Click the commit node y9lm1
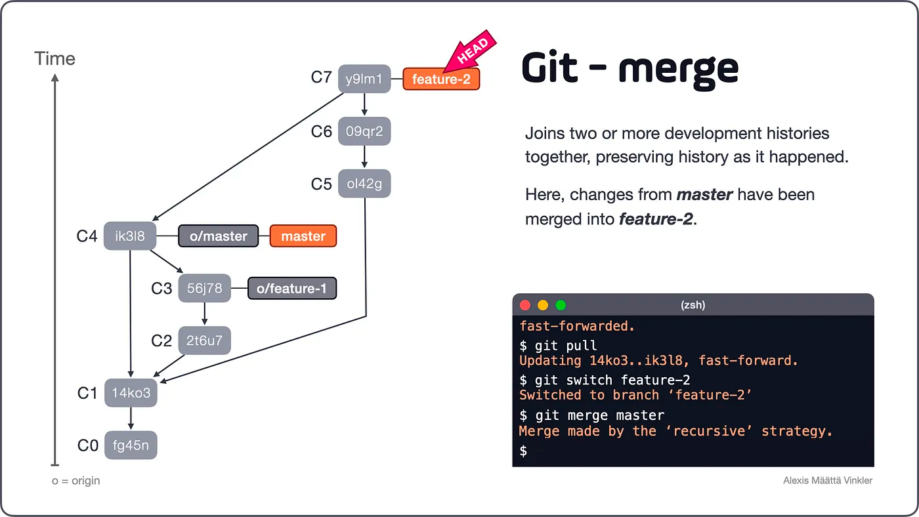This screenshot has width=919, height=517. pyautogui.click(x=364, y=79)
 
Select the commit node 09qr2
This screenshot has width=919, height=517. pyautogui.click(x=364, y=131)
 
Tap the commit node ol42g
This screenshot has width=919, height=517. pyautogui.click(x=364, y=184)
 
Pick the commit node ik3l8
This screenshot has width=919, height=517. pyautogui.click(x=130, y=236)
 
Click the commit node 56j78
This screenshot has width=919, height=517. pyautogui.click(x=205, y=288)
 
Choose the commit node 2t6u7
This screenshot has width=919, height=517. pyautogui.click(x=205, y=341)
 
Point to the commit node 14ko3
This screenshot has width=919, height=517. pyautogui.click(x=131, y=393)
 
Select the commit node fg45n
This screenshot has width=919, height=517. pyautogui.click(x=131, y=445)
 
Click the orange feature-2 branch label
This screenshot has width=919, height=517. pyautogui.click(x=441, y=79)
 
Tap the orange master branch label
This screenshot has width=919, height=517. pyautogui.click(x=303, y=236)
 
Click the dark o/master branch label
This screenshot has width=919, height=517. pyautogui.click(x=219, y=236)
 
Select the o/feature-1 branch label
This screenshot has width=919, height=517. pyautogui.click(x=291, y=288)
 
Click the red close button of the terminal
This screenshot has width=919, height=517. pyautogui.click(x=525, y=305)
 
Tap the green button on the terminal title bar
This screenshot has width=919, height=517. pyautogui.click(x=561, y=305)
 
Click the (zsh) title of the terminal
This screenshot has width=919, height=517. pyautogui.click(x=693, y=305)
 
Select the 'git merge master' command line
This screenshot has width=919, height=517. pyautogui.click(x=592, y=415)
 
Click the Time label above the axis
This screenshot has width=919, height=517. pyautogui.click(x=55, y=59)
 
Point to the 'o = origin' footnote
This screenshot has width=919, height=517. pyautogui.click(x=76, y=481)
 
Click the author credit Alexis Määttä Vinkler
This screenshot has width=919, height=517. pyautogui.click(x=828, y=481)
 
